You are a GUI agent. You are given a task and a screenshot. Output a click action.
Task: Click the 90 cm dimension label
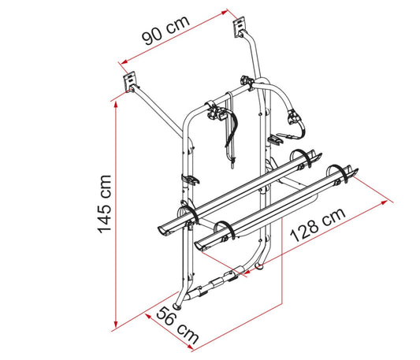click(x=165, y=30)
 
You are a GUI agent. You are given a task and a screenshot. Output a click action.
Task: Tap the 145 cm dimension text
click(x=104, y=204)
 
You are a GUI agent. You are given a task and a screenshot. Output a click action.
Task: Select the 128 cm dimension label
click(x=318, y=225)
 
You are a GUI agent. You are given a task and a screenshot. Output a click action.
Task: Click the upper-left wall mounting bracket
click(x=129, y=81)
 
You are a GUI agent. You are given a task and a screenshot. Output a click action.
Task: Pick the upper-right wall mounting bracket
click(x=239, y=26)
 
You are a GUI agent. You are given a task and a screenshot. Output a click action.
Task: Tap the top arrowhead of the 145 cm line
click(x=116, y=106)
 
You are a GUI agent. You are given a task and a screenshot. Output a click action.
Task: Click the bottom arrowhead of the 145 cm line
click(x=116, y=325)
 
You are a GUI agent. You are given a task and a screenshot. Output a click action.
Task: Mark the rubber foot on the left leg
click(x=177, y=306)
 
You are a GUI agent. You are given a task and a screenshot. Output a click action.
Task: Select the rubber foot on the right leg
click(x=259, y=266)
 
